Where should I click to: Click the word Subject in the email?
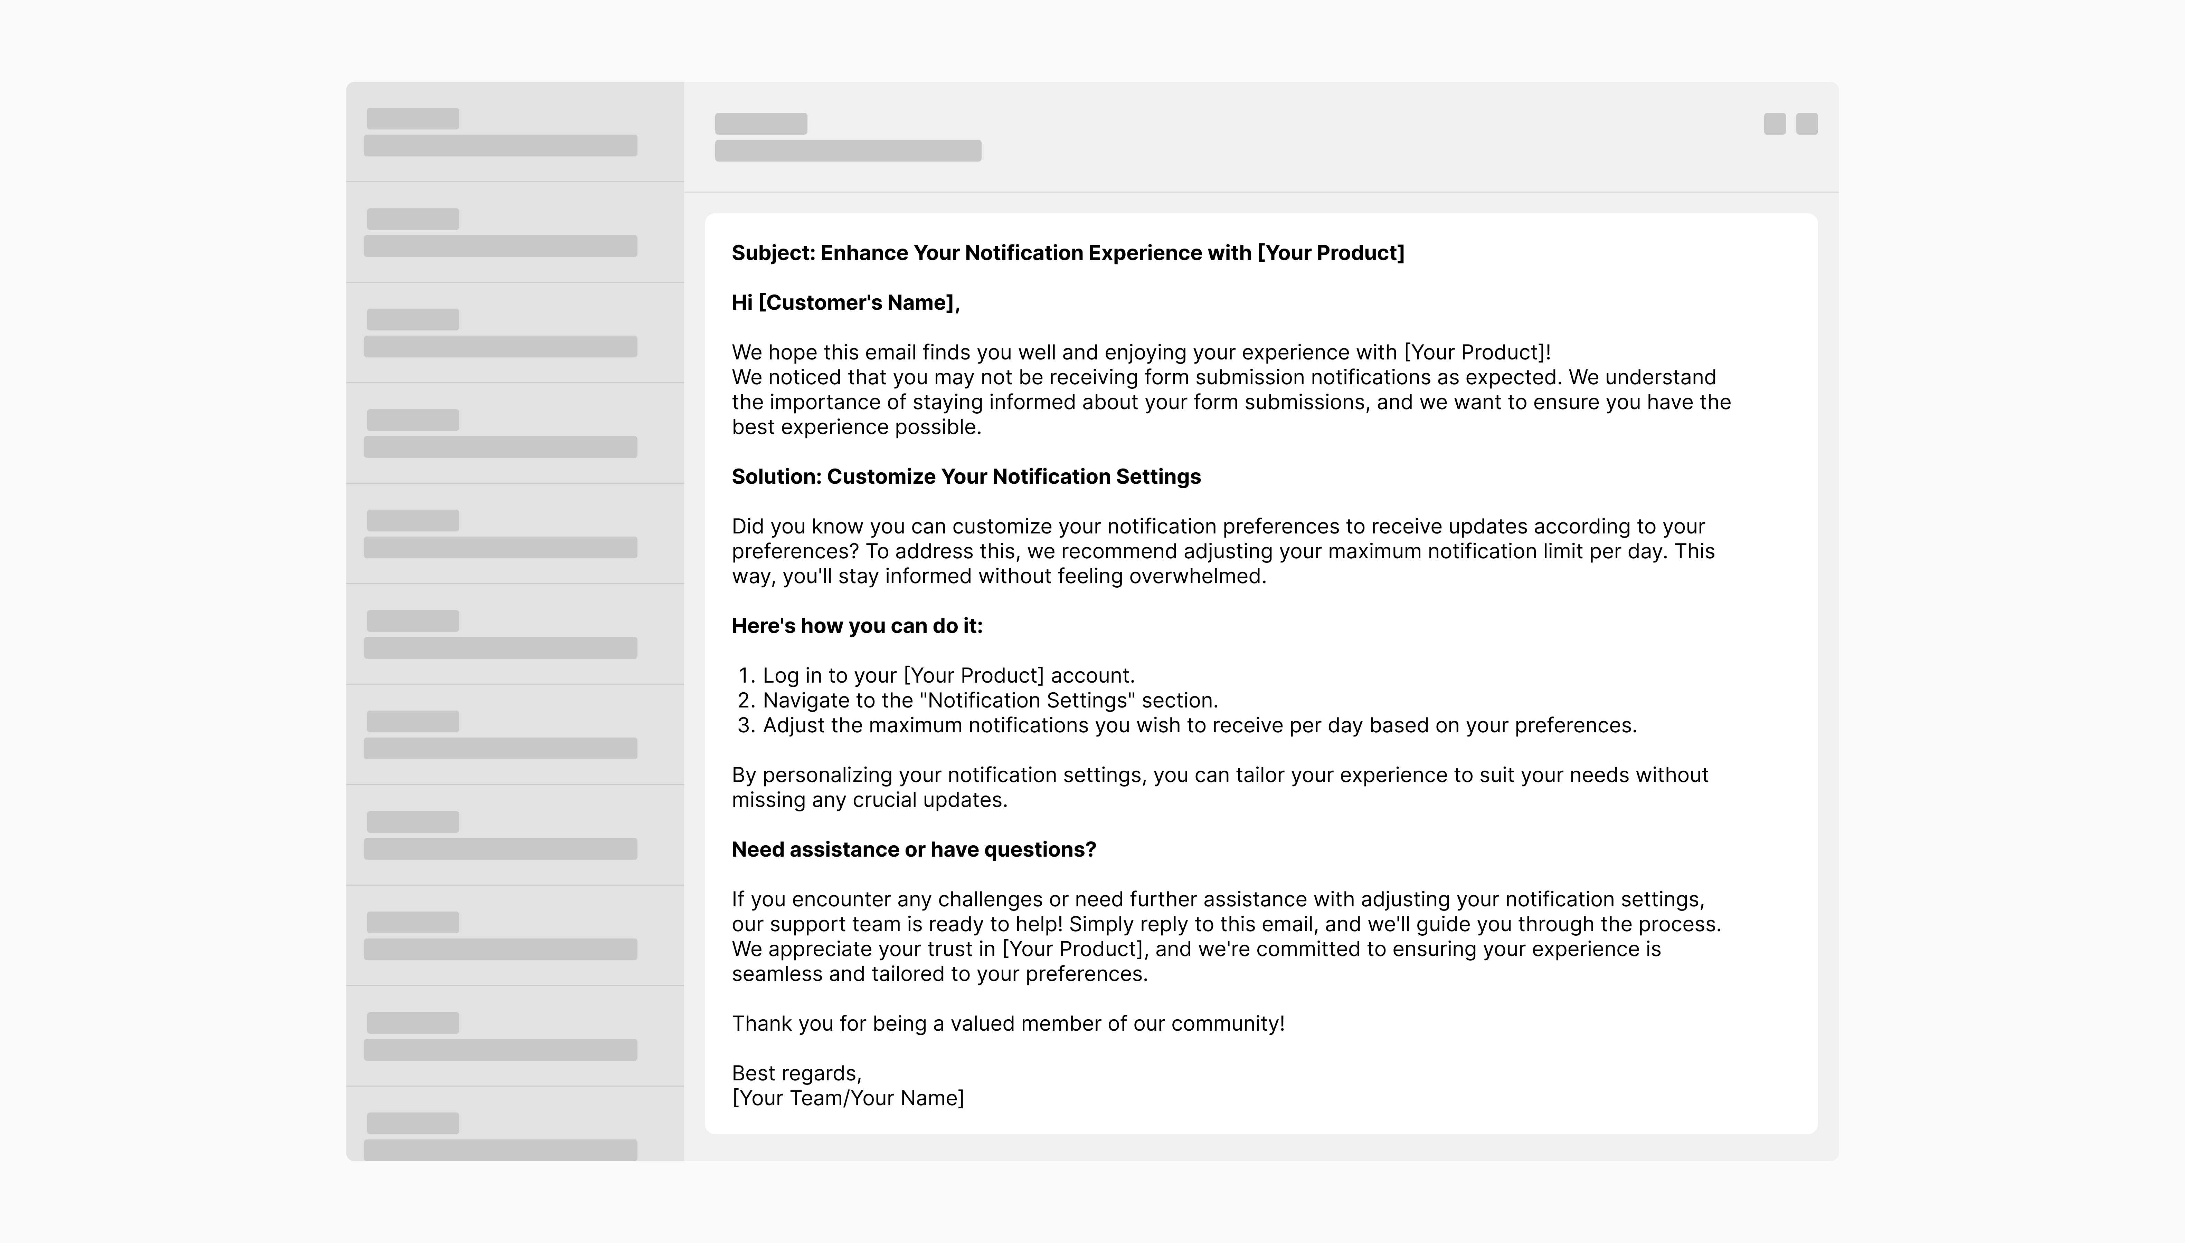click(772, 253)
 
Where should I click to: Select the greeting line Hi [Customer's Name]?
click(846, 303)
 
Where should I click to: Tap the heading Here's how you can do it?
click(857, 627)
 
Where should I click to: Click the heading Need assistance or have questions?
click(913, 850)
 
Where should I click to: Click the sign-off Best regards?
click(796, 1074)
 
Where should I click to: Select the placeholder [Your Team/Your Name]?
click(847, 1099)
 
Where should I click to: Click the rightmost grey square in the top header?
click(1807, 124)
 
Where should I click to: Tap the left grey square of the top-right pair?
click(1774, 124)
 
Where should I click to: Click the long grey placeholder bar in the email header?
click(847, 151)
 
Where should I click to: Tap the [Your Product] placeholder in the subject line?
click(1330, 253)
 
